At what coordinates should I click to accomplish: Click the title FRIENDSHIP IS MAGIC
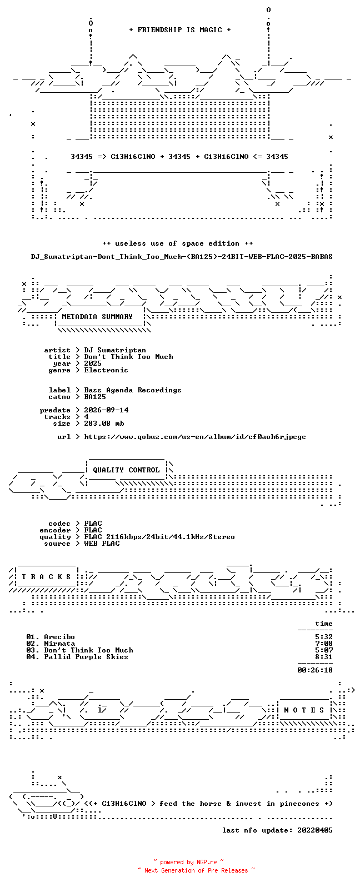click(x=180, y=30)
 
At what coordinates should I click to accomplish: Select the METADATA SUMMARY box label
click(x=97, y=317)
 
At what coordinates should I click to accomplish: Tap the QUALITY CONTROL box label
click(x=126, y=470)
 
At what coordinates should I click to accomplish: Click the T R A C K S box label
click(x=46, y=577)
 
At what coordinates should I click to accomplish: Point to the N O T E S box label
click(x=304, y=710)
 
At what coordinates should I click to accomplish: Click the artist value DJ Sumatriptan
click(x=115, y=351)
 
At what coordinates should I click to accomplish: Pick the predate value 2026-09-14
click(x=106, y=410)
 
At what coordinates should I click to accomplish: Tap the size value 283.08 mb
click(x=104, y=423)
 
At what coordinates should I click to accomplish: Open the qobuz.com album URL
click(x=195, y=437)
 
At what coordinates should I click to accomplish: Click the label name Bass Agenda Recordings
click(x=133, y=391)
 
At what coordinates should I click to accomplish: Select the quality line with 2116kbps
click(x=159, y=537)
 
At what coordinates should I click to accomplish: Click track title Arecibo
click(x=59, y=637)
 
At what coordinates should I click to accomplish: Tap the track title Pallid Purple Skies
click(x=86, y=657)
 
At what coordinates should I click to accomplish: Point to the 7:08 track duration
click(x=324, y=644)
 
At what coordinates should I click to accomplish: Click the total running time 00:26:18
click(x=315, y=670)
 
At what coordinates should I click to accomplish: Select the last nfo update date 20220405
click(x=315, y=830)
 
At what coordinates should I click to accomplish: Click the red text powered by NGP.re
click(x=188, y=862)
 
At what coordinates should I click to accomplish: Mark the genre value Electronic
click(x=106, y=370)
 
